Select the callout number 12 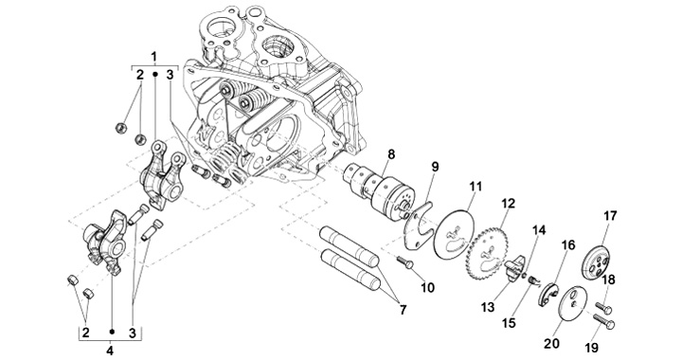(508, 203)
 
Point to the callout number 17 (610, 216)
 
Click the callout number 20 (551, 344)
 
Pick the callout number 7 (403, 310)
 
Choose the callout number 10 (427, 287)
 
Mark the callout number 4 (110, 350)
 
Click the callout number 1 (154, 57)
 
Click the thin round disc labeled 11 (454, 235)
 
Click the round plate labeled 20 (572, 303)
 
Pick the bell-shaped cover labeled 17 (596, 263)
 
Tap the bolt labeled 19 (603, 322)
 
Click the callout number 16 (567, 245)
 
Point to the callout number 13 (488, 307)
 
